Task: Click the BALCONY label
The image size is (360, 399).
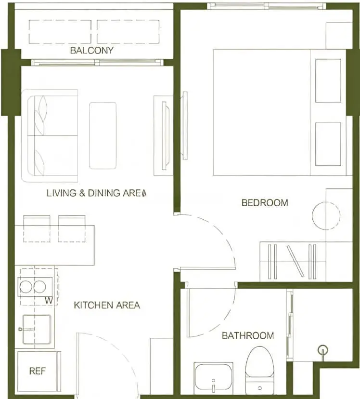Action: tap(92, 51)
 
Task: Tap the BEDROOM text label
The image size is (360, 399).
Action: tap(265, 203)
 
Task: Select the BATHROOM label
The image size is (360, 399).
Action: tap(248, 336)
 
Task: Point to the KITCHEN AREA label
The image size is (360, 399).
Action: tap(107, 305)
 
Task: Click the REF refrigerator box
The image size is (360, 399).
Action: tap(38, 371)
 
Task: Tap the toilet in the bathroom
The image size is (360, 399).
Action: tap(259, 369)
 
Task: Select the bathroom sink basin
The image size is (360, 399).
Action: tap(213, 378)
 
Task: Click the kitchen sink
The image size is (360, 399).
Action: tap(37, 329)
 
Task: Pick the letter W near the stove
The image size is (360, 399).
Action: tap(49, 301)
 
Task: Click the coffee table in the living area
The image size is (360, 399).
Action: tap(103, 135)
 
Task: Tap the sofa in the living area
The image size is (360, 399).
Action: tap(50, 135)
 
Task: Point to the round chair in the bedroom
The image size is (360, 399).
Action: tap(326, 216)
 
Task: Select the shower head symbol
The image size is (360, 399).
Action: tap(323, 350)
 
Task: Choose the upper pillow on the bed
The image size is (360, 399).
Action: tap(328, 80)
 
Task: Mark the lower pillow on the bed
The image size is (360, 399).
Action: tap(328, 144)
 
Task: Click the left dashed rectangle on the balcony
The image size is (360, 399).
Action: tap(60, 31)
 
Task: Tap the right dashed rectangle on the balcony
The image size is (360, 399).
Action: tap(128, 31)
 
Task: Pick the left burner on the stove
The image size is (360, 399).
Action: tap(26, 287)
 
